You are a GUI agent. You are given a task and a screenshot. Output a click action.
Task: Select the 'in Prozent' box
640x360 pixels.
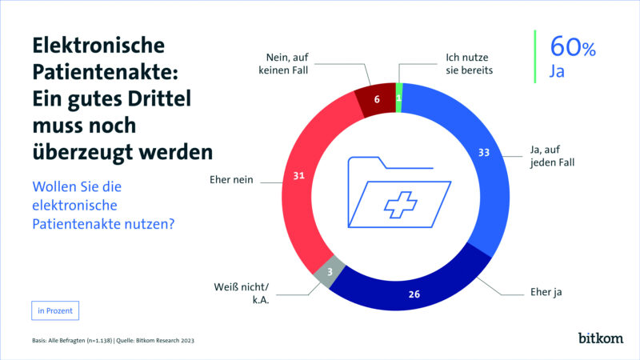pos(55,310)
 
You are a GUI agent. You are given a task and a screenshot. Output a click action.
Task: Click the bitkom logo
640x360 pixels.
pos(600,338)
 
